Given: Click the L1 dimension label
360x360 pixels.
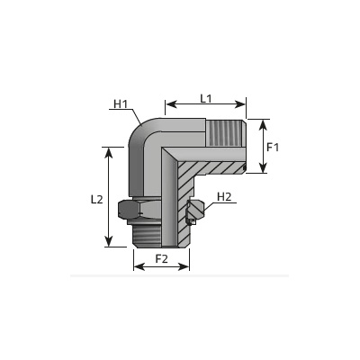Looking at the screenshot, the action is coord(206,98).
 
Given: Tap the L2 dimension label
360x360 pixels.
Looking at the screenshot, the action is coord(97,200).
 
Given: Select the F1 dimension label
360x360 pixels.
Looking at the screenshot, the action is coord(273,148).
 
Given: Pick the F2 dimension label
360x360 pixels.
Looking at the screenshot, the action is coord(161,258).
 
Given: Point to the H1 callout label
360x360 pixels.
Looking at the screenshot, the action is coord(121,104).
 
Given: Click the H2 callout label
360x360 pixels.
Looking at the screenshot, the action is coord(224,197).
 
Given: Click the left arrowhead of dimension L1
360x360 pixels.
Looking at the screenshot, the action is coord(171,104).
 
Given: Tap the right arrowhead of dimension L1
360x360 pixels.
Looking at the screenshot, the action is coord(240,104).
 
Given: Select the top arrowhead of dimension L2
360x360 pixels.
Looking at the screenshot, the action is coord(109,153).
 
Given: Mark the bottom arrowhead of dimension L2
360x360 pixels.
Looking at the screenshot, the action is coord(109,241).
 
